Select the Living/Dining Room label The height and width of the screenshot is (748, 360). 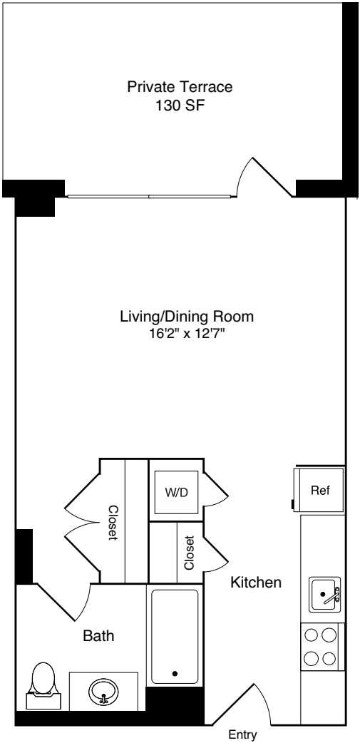point(187,316)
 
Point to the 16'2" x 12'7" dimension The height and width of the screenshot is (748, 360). point(187,333)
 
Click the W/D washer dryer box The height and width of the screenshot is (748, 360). point(176,493)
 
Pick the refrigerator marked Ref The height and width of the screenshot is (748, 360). point(319,491)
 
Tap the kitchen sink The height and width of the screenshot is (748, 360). point(325,594)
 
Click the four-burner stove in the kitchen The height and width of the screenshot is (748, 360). point(319,645)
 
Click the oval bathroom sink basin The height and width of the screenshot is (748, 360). point(104,690)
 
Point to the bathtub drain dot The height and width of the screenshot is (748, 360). point(175,672)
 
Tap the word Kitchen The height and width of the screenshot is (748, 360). point(256,583)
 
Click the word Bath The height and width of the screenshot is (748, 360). point(98,635)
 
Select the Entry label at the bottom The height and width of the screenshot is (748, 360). point(242,735)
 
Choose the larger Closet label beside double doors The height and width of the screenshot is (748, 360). point(113,523)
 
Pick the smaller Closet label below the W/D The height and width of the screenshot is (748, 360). point(189,553)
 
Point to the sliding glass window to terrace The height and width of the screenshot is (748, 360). point(148,195)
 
